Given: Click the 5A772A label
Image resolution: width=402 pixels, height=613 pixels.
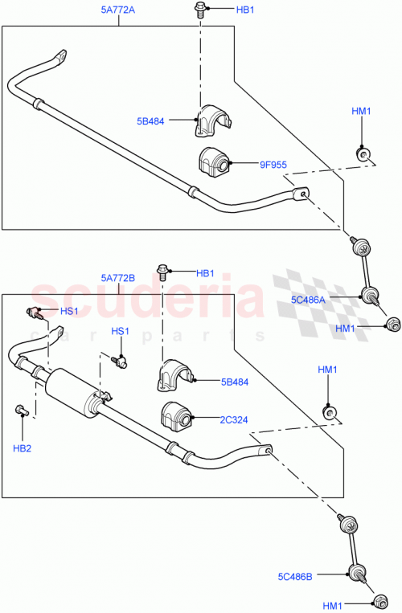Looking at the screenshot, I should coord(119,12).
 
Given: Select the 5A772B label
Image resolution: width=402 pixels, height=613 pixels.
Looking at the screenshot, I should coord(118,279).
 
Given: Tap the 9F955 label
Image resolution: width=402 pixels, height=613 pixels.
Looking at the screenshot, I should coord(273,166).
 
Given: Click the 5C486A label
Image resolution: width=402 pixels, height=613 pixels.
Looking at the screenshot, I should coord(308,299).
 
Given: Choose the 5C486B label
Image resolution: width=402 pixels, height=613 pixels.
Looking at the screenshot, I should coord(296,575).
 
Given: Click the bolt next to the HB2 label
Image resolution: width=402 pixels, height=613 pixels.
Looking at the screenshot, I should coord(20,411).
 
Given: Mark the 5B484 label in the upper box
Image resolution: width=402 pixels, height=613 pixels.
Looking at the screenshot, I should coord(150,122).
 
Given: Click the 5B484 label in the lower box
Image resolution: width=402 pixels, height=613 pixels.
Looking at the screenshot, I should coord(234,382).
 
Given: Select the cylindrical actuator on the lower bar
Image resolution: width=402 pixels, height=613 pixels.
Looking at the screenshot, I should coord(77,393).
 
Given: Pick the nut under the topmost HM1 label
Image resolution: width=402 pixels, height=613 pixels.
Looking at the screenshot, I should coord(363,153).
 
